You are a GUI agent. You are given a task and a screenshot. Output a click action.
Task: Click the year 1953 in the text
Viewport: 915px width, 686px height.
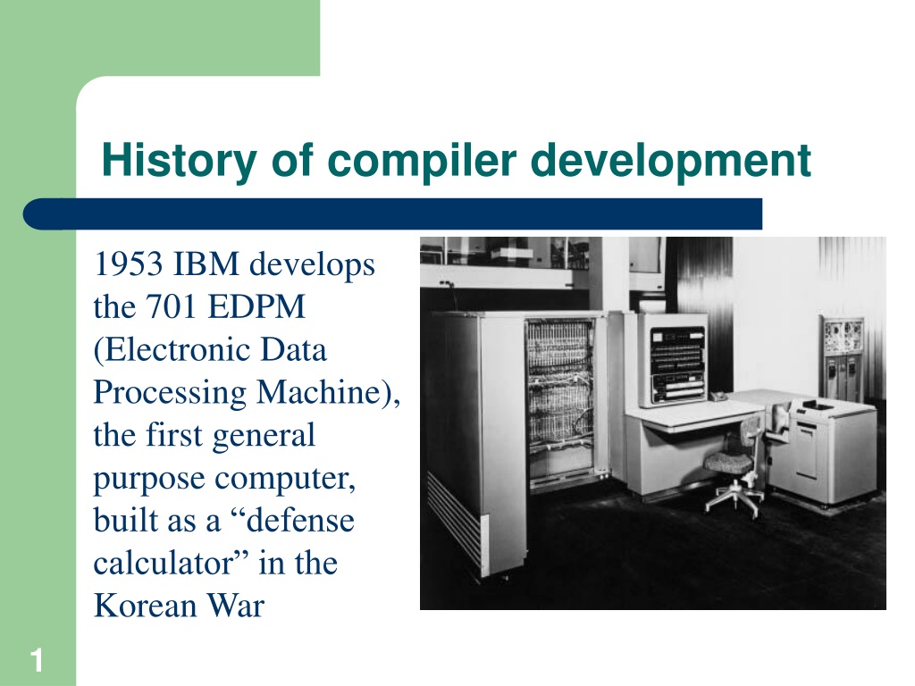click(128, 264)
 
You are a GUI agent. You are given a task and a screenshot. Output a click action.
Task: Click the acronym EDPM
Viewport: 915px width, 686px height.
click(256, 306)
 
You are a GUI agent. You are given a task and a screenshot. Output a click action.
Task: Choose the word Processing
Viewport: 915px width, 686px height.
click(170, 393)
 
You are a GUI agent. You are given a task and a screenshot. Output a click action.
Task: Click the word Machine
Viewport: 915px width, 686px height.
click(320, 392)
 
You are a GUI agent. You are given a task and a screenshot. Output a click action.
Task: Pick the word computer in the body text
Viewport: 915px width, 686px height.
click(285, 479)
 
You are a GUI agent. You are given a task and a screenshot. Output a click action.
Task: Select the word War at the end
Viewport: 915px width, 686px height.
click(236, 606)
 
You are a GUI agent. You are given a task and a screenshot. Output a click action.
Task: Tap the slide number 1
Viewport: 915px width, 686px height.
click(37, 661)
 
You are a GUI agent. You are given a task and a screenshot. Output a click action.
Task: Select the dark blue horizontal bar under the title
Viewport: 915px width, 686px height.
click(393, 214)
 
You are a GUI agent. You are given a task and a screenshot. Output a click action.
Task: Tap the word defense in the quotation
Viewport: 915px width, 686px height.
click(301, 521)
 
